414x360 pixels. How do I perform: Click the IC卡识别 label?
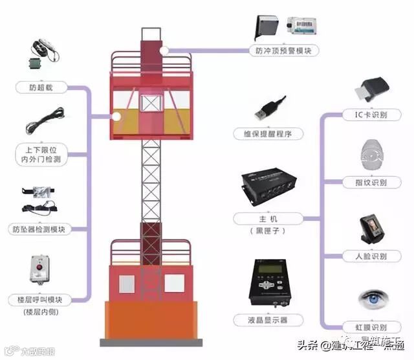pos(371,115)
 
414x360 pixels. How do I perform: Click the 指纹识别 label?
pos(371,183)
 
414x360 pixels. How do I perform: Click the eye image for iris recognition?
pos(371,298)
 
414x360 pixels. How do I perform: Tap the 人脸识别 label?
pos(371,256)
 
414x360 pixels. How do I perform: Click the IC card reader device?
pos(371,89)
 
